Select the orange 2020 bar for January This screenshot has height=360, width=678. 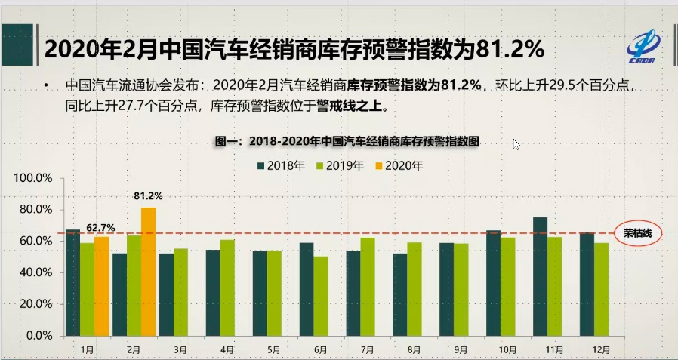tap(101, 286)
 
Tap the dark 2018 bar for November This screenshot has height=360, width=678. tap(540, 276)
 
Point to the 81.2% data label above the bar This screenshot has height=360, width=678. tap(148, 196)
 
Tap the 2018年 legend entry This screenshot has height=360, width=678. tap(281, 165)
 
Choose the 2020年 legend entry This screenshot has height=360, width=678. tap(397, 165)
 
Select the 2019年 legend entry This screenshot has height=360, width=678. tap(339, 165)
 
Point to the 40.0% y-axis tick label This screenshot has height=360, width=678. tap(35, 272)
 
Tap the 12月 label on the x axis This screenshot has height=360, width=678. tap(602, 349)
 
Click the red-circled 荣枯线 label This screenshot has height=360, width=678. tap(637, 233)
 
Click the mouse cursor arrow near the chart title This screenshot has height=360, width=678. tap(517, 144)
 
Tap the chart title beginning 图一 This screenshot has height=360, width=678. tap(348, 141)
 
